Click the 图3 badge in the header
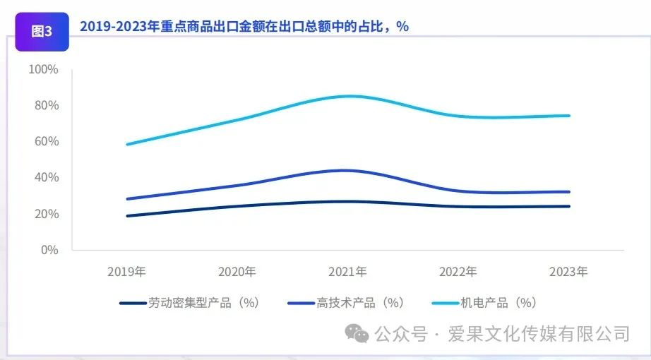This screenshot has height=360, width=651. click(42, 31)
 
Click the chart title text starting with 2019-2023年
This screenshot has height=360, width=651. click(244, 26)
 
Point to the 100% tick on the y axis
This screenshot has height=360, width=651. click(43, 69)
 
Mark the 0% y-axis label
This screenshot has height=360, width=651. click(49, 250)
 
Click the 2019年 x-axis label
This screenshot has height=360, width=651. click(126, 272)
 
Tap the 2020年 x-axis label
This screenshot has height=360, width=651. click(237, 272)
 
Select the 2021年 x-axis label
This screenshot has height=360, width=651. click(347, 272)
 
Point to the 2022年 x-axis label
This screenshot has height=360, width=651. click(458, 272)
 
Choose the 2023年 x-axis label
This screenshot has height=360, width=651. click(568, 272)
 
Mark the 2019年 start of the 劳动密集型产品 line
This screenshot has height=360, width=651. click(127, 215)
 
